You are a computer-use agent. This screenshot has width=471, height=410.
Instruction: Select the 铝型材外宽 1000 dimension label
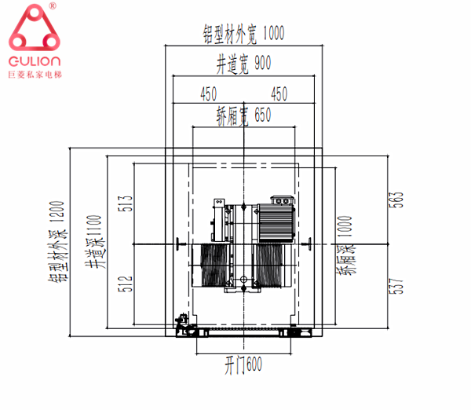tap(243, 34)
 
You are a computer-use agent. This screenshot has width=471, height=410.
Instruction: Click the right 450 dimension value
tap(278, 93)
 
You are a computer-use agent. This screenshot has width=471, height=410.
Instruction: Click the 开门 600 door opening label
tap(243, 364)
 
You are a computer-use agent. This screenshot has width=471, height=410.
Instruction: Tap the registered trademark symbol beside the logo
tap(52, 5)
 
